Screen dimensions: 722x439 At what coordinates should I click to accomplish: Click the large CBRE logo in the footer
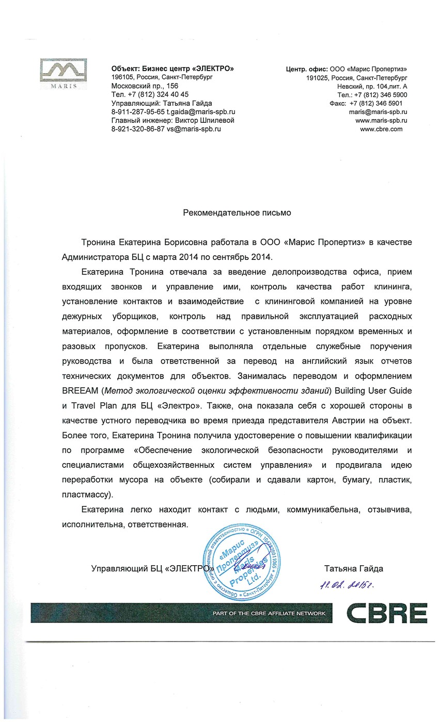(x=386, y=613)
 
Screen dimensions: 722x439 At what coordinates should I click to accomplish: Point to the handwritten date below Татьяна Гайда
(x=347, y=585)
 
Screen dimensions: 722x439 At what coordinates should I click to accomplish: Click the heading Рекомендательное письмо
(x=237, y=212)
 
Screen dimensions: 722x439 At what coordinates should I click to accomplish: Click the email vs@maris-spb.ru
(x=194, y=129)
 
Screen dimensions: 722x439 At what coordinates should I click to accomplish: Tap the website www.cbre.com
(x=381, y=129)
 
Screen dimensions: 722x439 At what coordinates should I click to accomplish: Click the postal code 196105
(x=122, y=77)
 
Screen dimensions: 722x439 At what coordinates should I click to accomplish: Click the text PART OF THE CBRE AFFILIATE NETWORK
(x=269, y=613)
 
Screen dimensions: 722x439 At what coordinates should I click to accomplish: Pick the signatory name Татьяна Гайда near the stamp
(x=353, y=569)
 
